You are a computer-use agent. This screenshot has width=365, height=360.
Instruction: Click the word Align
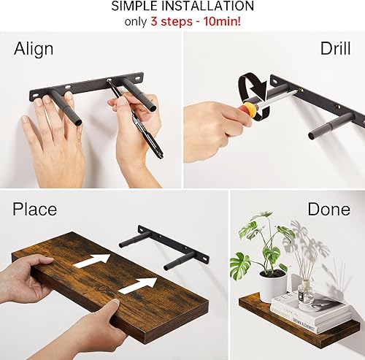34,49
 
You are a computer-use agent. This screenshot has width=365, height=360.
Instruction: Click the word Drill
335,49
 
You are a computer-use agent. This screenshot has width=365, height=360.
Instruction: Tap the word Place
34,210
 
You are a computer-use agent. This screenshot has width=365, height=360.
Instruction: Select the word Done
328,210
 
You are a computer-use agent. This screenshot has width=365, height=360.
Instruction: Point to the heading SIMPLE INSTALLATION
182,7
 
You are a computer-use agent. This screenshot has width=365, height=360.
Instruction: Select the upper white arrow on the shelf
93,259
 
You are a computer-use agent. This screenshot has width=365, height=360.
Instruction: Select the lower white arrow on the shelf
138,285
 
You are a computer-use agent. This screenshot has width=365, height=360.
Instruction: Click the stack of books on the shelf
310,311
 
